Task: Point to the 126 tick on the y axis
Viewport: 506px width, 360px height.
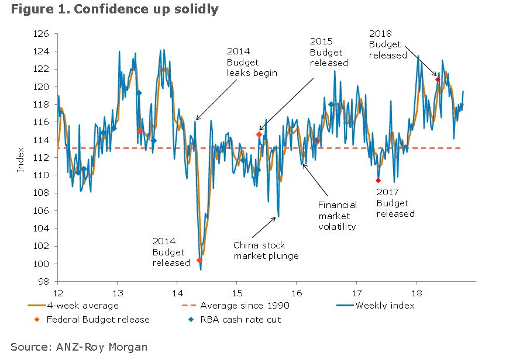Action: point(42,34)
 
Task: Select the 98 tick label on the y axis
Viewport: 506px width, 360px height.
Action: point(44,282)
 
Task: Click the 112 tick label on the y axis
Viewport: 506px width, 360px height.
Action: point(42,158)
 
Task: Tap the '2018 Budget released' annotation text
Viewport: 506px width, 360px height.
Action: point(387,44)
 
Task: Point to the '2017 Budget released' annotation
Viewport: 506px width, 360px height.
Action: point(395,203)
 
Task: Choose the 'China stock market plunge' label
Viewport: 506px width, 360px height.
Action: point(266,250)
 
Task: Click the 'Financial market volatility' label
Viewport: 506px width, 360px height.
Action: point(337,216)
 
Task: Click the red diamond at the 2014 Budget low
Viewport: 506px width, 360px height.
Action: point(199,260)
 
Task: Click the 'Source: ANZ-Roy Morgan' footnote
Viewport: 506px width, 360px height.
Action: point(79,347)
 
